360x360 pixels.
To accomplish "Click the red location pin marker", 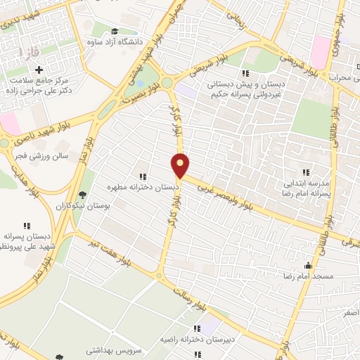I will [x=181, y=165].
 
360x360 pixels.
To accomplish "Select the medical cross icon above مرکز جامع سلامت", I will [x=39, y=70].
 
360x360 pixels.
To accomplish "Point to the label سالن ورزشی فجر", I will [x=44, y=157].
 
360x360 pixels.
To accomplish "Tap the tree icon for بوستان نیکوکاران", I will [x=83, y=195].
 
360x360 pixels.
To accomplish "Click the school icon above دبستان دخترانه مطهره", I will [x=143, y=176].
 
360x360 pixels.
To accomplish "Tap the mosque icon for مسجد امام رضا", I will [x=307, y=265].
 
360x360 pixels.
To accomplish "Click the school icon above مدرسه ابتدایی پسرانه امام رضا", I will [x=305, y=172].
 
